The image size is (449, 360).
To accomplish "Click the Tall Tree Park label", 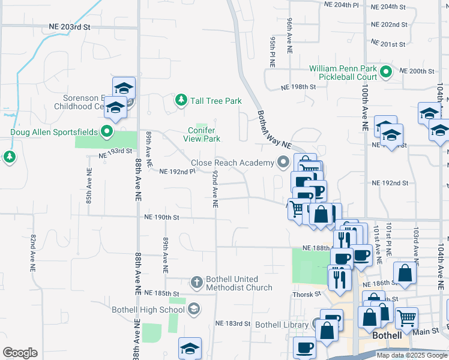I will coord(215,101).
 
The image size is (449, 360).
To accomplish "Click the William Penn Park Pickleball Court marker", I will coord(387,73).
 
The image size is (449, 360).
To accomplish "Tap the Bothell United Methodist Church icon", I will coord(196,281).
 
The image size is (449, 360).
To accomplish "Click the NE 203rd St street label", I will coord(70,28).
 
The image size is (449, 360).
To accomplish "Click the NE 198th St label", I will coord(298,87).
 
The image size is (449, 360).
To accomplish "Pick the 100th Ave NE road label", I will coord(364,107).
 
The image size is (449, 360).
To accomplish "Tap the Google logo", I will coord(20,353).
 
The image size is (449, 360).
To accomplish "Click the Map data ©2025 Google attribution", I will coord(412,355).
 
